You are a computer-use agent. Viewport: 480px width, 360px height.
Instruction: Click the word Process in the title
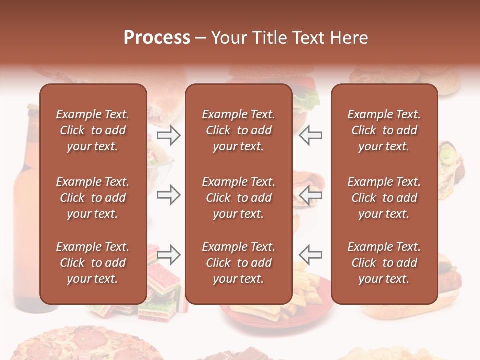pyautogui.click(x=157, y=38)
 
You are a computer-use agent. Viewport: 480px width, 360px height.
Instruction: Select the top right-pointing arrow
pyautogui.click(x=168, y=135)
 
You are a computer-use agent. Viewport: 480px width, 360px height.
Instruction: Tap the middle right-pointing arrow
pyautogui.click(x=168, y=195)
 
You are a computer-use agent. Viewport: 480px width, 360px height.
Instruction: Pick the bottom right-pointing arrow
pyautogui.click(x=168, y=255)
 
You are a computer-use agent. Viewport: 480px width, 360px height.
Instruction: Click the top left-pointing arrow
pyautogui.click(x=311, y=135)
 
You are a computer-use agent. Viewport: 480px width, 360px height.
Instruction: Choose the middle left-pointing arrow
pyautogui.click(x=311, y=195)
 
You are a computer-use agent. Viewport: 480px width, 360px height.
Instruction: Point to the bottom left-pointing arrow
pyautogui.click(x=311, y=255)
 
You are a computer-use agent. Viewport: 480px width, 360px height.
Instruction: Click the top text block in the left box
pyautogui.click(x=93, y=130)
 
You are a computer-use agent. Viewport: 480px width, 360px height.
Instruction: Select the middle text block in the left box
pyautogui.click(x=93, y=198)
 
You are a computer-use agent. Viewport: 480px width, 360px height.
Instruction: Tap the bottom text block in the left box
pyautogui.click(x=93, y=263)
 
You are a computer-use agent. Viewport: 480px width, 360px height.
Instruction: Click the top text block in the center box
pyautogui.click(x=238, y=130)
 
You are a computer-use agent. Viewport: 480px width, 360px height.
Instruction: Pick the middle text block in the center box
pyautogui.click(x=238, y=198)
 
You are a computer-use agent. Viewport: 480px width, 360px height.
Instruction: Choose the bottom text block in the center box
pyautogui.click(x=238, y=263)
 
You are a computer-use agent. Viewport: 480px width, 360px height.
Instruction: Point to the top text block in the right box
pyautogui.click(x=384, y=130)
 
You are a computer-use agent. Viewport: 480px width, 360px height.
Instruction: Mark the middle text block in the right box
pyautogui.click(x=384, y=198)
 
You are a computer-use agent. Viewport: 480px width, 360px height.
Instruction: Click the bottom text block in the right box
pyautogui.click(x=384, y=263)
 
